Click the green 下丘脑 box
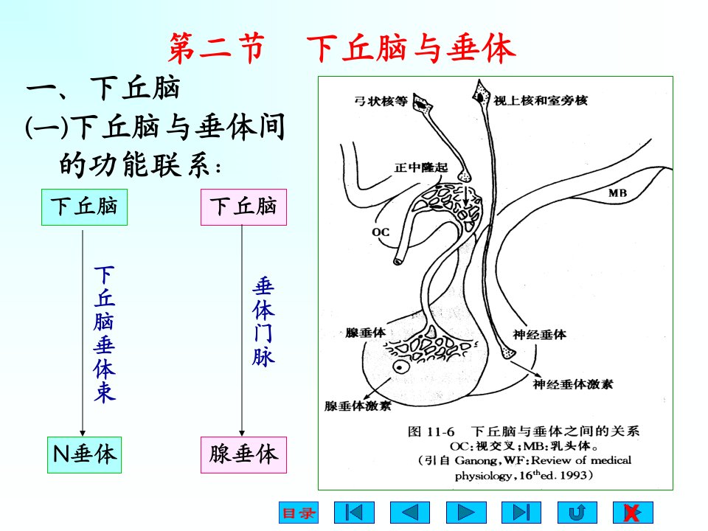pyautogui.click(x=84, y=207)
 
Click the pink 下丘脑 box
pyautogui.click(x=244, y=207)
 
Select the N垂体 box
pyautogui.click(x=84, y=455)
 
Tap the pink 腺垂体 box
pyautogui.click(x=244, y=455)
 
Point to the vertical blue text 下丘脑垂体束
pyautogui.click(x=105, y=334)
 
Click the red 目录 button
pyautogui.click(x=299, y=513)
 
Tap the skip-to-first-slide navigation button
pyautogui.click(x=354, y=513)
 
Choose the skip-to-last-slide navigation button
pyautogui.click(x=521, y=513)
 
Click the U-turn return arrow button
pyautogui.click(x=577, y=513)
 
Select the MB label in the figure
pyautogui.click(x=617, y=193)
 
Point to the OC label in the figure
pyautogui.click(x=381, y=232)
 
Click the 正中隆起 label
pyautogui.click(x=421, y=167)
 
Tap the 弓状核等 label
pyautogui.click(x=381, y=101)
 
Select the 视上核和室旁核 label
pyautogui.click(x=541, y=100)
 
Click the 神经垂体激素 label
pyautogui.click(x=573, y=384)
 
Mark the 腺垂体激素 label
pyautogui.click(x=358, y=406)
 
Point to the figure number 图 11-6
pyautogui.click(x=431, y=431)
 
